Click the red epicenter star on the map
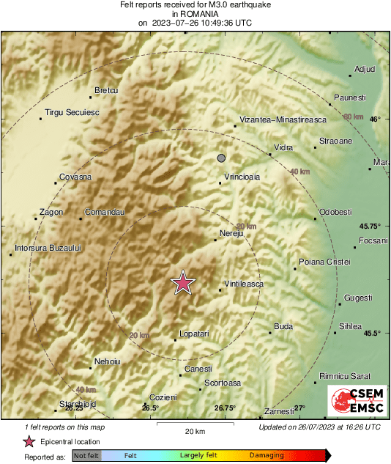pos(182,283)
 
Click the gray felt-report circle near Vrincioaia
pos(221,158)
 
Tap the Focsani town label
pos(372,240)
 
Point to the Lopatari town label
pos(194,334)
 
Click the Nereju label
pos(231,234)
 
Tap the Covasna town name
pos(75,177)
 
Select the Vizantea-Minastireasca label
pos(281,119)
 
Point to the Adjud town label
pos(364,70)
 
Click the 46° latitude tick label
pos(375,119)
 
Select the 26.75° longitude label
pos(225,408)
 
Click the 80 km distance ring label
pos(353,117)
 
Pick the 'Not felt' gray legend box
pos(86,455)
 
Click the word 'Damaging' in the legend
pos(267,455)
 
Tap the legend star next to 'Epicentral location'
pos(29,441)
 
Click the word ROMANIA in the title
pos(195,14)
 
